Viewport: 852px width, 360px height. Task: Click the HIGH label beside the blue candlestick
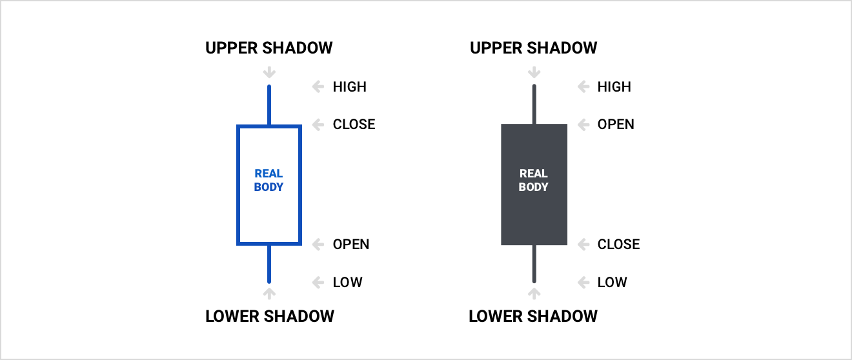(350, 86)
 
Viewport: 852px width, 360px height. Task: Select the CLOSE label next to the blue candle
(354, 125)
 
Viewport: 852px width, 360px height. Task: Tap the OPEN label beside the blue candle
(350, 244)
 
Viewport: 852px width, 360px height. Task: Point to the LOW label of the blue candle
(347, 282)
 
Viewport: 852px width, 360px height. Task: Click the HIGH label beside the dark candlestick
(614, 86)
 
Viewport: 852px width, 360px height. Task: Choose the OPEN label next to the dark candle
(615, 125)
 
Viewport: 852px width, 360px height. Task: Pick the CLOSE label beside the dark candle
(618, 244)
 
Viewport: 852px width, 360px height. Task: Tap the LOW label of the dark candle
(612, 282)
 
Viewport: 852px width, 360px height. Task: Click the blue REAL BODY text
(269, 180)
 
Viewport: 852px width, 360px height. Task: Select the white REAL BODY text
(533, 180)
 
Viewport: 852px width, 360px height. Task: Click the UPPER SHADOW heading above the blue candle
(269, 48)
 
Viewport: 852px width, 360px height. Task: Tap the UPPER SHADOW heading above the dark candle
(533, 48)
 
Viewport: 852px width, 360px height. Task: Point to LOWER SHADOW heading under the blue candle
(270, 316)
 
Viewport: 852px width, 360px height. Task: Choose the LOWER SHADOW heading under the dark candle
(533, 316)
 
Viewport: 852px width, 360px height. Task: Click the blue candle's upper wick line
(269, 105)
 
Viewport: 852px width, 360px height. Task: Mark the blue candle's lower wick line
(269, 264)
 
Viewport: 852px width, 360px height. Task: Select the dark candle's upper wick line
(534, 105)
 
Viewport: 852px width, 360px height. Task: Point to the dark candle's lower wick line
(534, 264)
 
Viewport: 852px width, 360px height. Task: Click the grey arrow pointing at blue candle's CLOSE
(318, 125)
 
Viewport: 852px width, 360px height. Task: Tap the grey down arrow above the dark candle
(534, 72)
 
